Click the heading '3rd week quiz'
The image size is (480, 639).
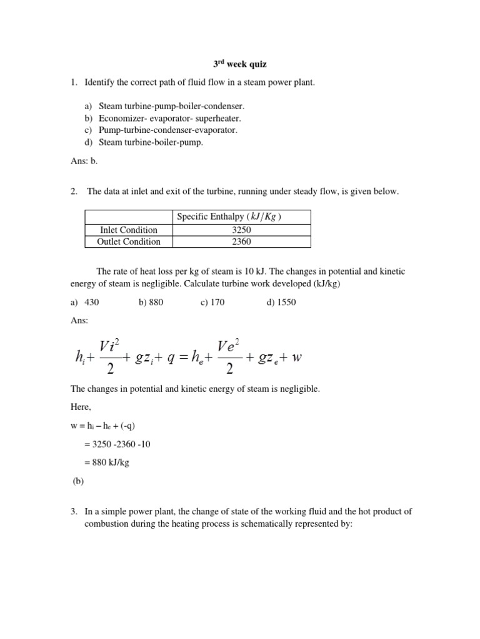(x=239, y=64)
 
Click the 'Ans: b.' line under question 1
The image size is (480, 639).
(x=84, y=160)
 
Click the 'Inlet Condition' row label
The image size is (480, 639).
(x=129, y=230)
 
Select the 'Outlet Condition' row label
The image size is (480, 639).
(x=129, y=241)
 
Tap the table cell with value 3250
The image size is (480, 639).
(x=240, y=230)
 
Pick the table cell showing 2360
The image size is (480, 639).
(x=240, y=241)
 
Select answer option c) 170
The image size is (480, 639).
(x=213, y=303)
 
